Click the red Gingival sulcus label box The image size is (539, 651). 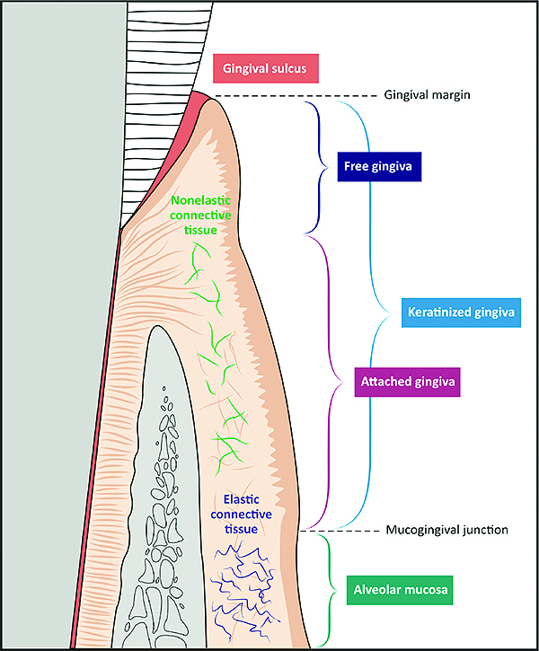(266, 67)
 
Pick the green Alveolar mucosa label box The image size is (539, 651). (398, 592)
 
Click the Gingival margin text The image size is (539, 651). (428, 94)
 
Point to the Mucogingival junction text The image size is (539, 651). (448, 530)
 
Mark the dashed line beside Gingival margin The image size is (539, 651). (296, 95)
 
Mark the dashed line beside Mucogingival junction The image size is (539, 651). (346, 530)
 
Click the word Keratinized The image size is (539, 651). (432, 312)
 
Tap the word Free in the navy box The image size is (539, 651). (356, 166)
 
